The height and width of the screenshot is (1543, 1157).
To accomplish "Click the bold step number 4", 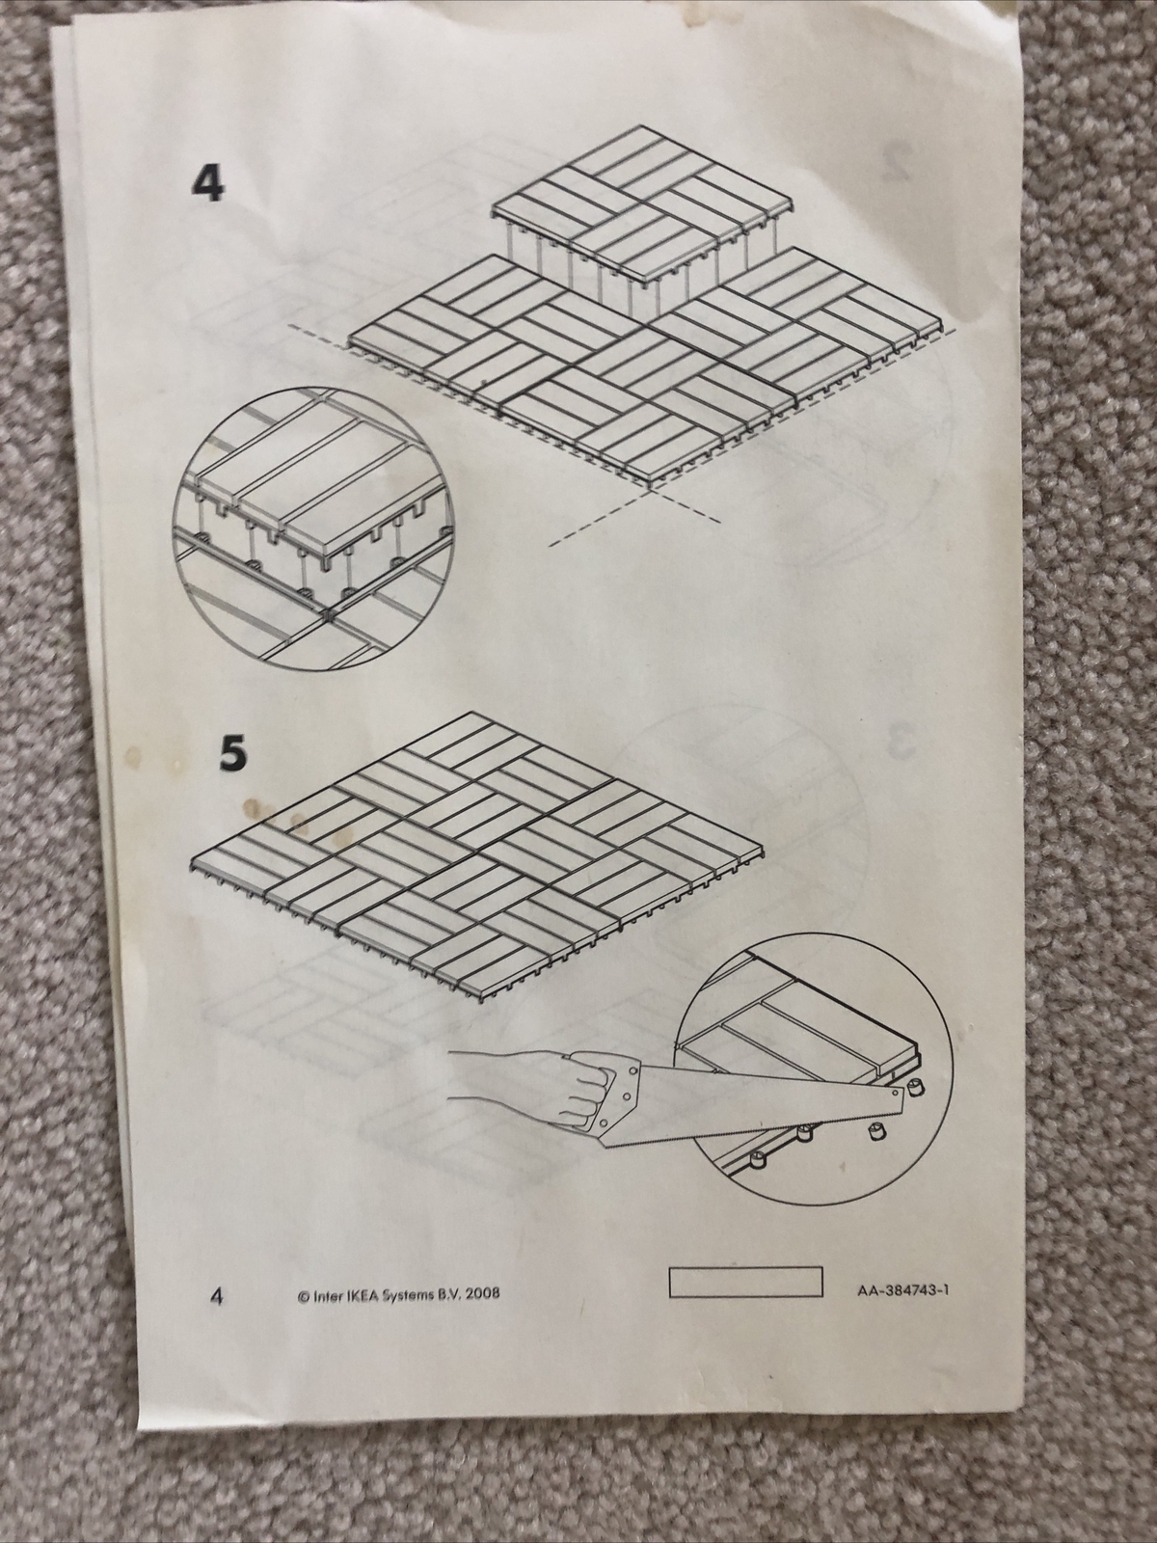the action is pos(208,183).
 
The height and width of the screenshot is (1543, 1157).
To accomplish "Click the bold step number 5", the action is pos(233,754).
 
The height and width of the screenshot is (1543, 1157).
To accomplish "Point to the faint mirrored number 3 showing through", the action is pos(903,741).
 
